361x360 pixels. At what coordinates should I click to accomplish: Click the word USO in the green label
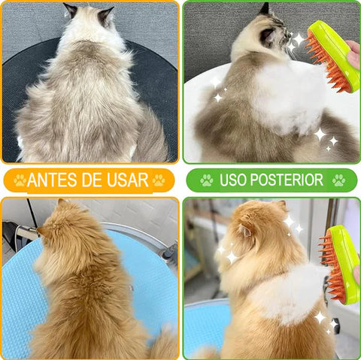coord(233,180)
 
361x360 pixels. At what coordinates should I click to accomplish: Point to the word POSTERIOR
coord(288,180)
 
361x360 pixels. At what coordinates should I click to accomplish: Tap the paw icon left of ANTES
coord(19,180)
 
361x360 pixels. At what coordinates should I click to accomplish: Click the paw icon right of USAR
coord(159,180)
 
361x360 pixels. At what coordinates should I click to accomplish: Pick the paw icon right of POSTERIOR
coord(339,180)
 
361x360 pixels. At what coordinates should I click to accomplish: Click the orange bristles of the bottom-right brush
coord(331,274)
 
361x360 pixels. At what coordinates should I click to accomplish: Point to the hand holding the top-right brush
coord(353,56)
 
